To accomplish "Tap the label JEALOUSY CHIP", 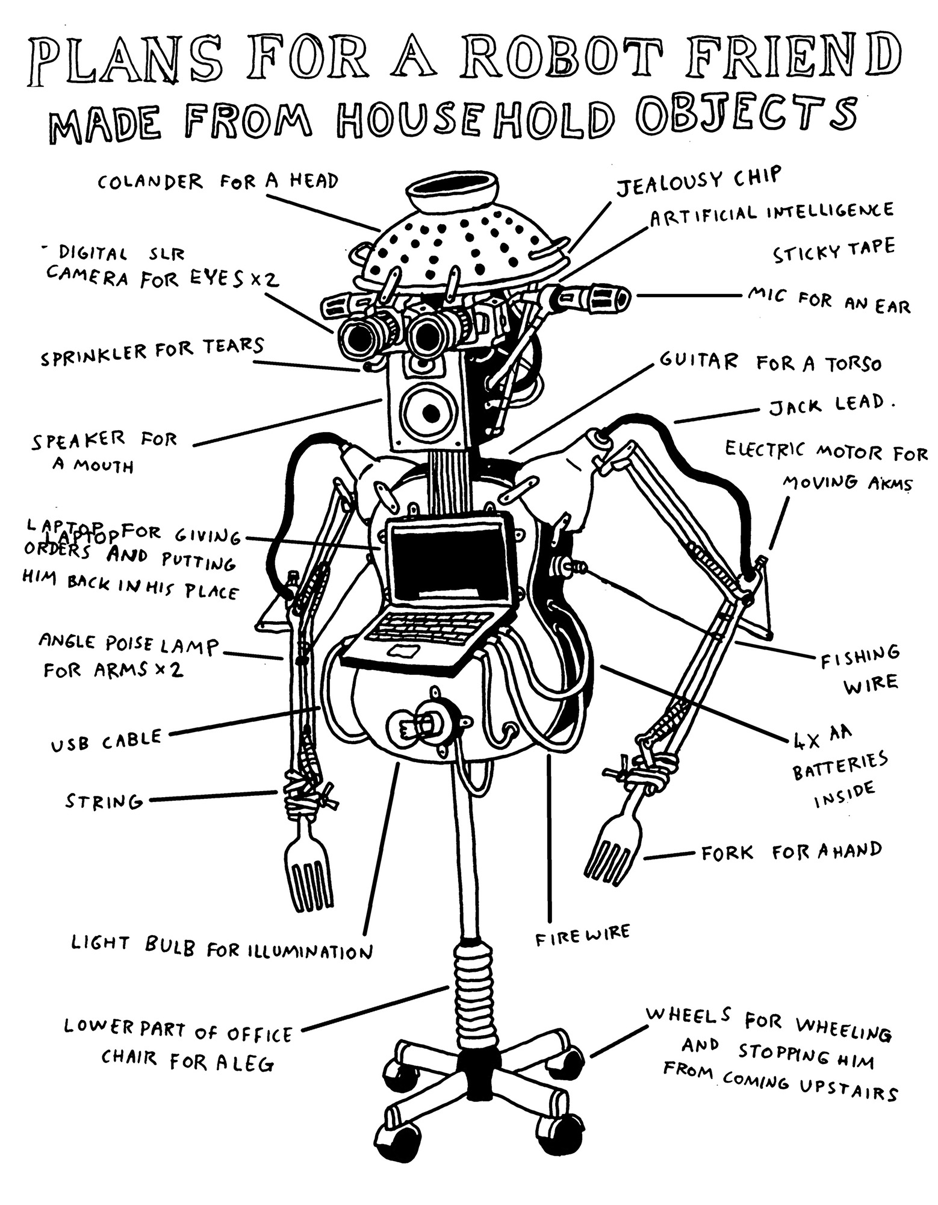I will click(698, 181).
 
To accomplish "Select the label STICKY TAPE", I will click(834, 251).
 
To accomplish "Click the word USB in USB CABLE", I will click(70, 745).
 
